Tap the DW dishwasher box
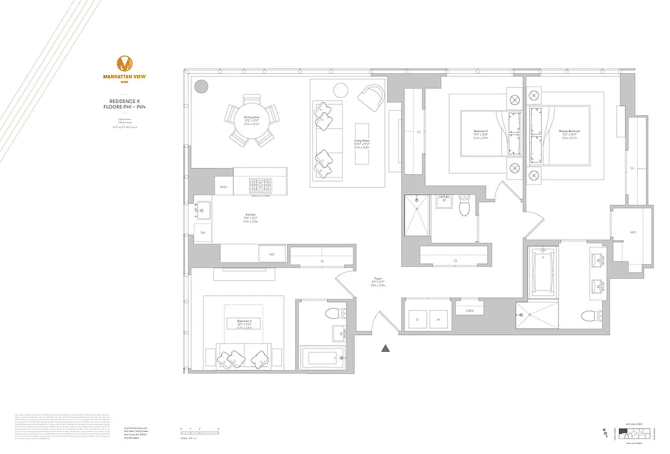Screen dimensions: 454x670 click(x=203, y=233)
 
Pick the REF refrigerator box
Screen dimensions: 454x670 click(x=272, y=255)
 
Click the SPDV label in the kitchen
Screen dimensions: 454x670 click(x=224, y=187)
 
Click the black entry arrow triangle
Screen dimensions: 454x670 click(x=386, y=348)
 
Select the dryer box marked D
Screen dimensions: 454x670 click(x=417, y=320)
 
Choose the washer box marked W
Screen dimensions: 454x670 click(x=439, y=320)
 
